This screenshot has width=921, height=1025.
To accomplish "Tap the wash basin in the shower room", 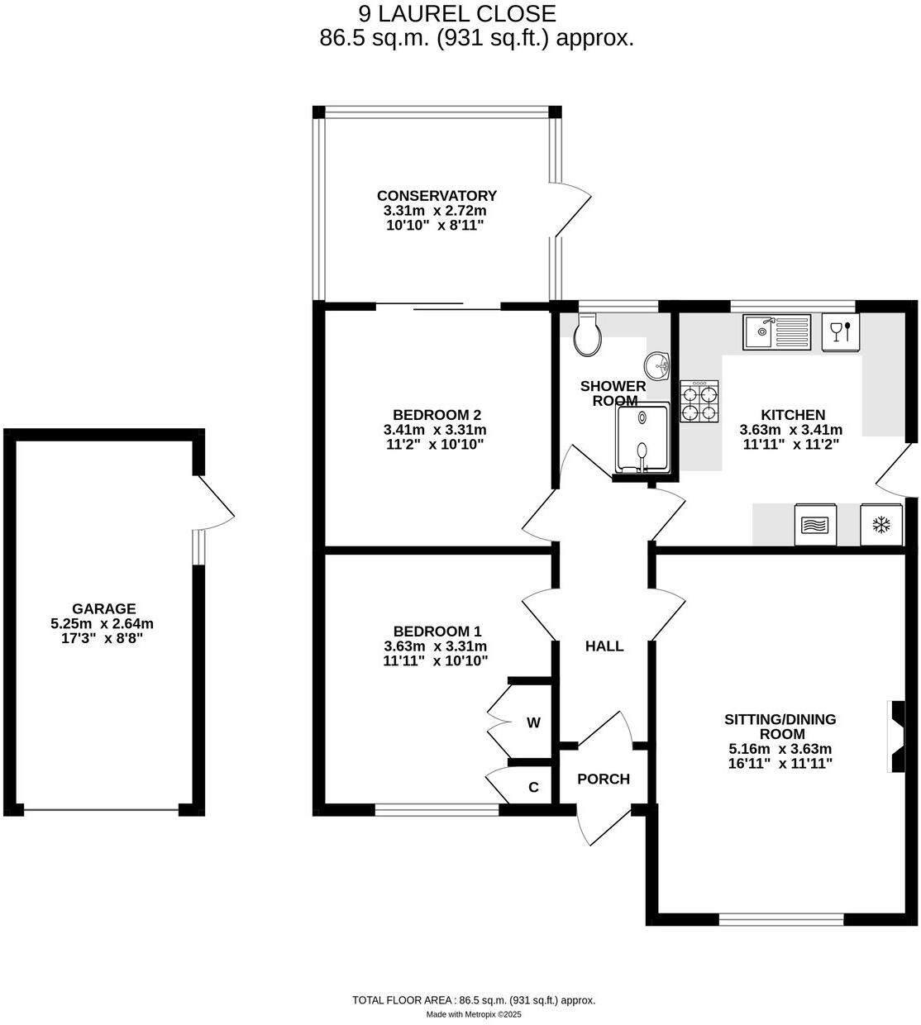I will pos(658,364).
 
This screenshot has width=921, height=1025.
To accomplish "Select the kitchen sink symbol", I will pos(775,332).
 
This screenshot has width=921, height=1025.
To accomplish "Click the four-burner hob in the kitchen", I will pos(699,402).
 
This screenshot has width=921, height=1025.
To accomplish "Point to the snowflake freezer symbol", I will pos(881,525).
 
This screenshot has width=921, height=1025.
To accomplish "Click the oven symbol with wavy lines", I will pos(816,525).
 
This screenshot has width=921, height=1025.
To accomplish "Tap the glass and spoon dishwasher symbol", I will pos(841,331).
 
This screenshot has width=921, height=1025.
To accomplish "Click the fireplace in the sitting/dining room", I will pos(896,737).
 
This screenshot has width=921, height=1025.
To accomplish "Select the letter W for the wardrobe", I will pos(533,722).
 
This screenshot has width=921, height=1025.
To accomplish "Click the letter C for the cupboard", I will pos(533,787).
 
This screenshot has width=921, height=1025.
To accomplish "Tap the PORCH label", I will pos(604,779).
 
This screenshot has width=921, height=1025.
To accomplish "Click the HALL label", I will pos(604,646).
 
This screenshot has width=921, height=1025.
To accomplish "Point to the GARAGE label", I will pos(103,608).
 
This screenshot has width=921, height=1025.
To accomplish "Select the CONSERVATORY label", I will pos(437,196).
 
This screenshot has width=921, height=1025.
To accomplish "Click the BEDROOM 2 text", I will pos(437,415).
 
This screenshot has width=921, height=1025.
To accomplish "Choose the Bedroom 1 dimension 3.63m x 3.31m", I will pos(435,646).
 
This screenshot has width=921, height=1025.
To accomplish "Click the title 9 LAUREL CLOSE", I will pos(457,14).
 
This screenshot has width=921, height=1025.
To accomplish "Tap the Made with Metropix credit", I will pos(474,1014).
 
